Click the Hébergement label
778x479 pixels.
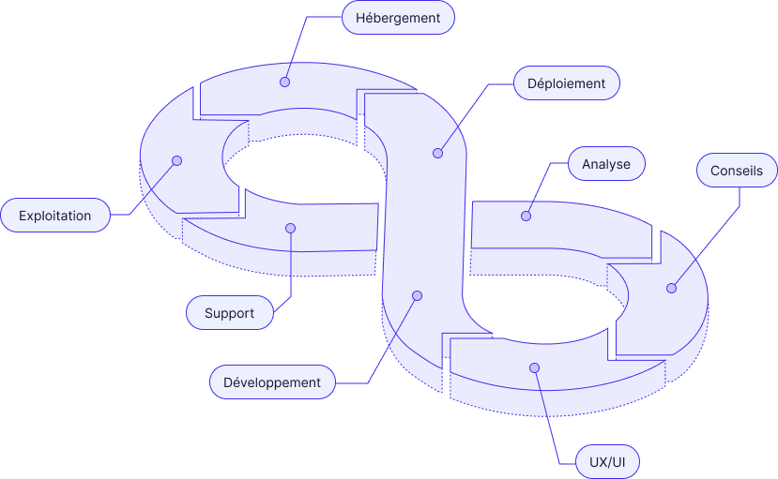click(398, 18)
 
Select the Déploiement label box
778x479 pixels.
click(567, 82)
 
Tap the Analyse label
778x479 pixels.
click(606, 164)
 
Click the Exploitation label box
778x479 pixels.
click(55, 216)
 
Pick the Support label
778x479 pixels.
click(230, 313)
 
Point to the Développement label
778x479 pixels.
click(272, 382)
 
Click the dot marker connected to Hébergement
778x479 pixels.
click(284, 82)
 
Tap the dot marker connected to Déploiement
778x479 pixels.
click(437, 153)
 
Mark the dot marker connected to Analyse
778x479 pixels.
click(526, 216)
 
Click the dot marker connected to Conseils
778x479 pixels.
click(671, 288)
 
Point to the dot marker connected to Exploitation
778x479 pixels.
click(176, 160)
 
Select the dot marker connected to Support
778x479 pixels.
click(290, 228)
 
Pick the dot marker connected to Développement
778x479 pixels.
click(417, 295)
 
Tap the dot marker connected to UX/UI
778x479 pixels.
click(534, 367)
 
